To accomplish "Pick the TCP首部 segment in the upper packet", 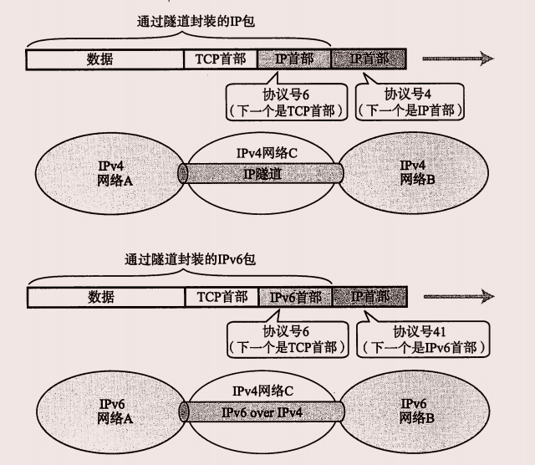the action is [221, 59].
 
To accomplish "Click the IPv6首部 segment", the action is [296, 297].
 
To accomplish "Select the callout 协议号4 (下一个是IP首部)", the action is [410, 100].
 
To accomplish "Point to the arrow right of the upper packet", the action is [456, 59].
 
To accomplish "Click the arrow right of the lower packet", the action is [456, 297].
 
